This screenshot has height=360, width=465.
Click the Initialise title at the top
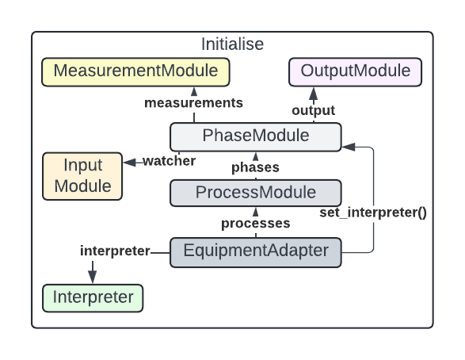point(232,44)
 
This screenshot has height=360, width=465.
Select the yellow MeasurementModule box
point(135,71)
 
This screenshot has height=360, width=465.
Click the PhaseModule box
point(255,136)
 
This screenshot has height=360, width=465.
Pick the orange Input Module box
point(82,175)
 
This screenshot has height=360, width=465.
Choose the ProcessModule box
point(255,193)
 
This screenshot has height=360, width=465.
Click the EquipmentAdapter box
point(255,251)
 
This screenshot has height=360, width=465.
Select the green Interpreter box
point(93,298)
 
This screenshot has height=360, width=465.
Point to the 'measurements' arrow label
point(193,103)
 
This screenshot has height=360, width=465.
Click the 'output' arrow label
point(314,110)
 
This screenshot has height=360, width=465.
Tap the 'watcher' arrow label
point(169,161)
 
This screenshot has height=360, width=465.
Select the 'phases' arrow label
point(254,167)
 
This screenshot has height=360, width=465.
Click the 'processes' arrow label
point(255,224)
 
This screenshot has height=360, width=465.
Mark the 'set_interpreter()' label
point(373,213)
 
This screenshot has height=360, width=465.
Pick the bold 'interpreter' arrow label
point(115,251)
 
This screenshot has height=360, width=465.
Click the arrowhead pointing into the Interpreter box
point(93,277)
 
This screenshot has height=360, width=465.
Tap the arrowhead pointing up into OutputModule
point(313,92)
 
